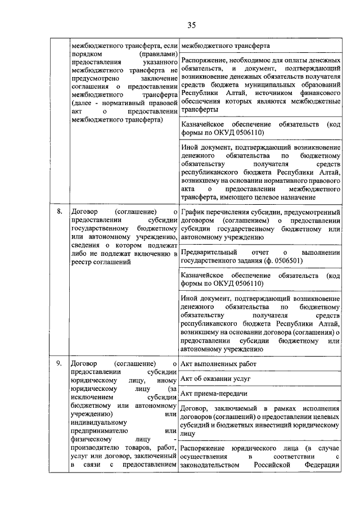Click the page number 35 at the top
tap(191, 25)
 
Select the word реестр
tap(82, 262)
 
